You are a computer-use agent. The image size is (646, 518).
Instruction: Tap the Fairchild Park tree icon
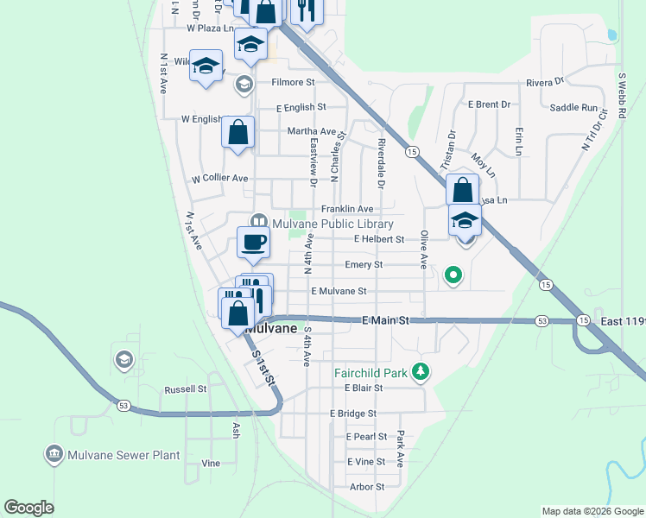[421, 373]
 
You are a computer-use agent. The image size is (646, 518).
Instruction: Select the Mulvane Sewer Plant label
[125, 454]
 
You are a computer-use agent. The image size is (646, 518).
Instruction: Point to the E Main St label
[384, 320]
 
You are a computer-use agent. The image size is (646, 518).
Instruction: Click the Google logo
[28, 508]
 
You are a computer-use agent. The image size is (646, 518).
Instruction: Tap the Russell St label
[185, 389]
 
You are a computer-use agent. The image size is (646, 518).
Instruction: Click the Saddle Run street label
[573, 108]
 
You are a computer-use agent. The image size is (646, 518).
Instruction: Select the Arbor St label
[366, 487]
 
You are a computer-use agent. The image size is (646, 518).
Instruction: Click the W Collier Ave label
[219, 179]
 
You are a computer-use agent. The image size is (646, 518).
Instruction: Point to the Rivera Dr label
[545, 82]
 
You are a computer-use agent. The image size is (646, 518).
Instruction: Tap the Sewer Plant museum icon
[54, 453]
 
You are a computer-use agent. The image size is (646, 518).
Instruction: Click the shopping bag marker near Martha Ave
[237, 133]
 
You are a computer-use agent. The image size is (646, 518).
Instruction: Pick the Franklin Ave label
[347, 209]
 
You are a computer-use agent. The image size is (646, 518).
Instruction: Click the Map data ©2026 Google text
[591, 511]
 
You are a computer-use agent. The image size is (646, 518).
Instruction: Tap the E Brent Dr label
[489, 104]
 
